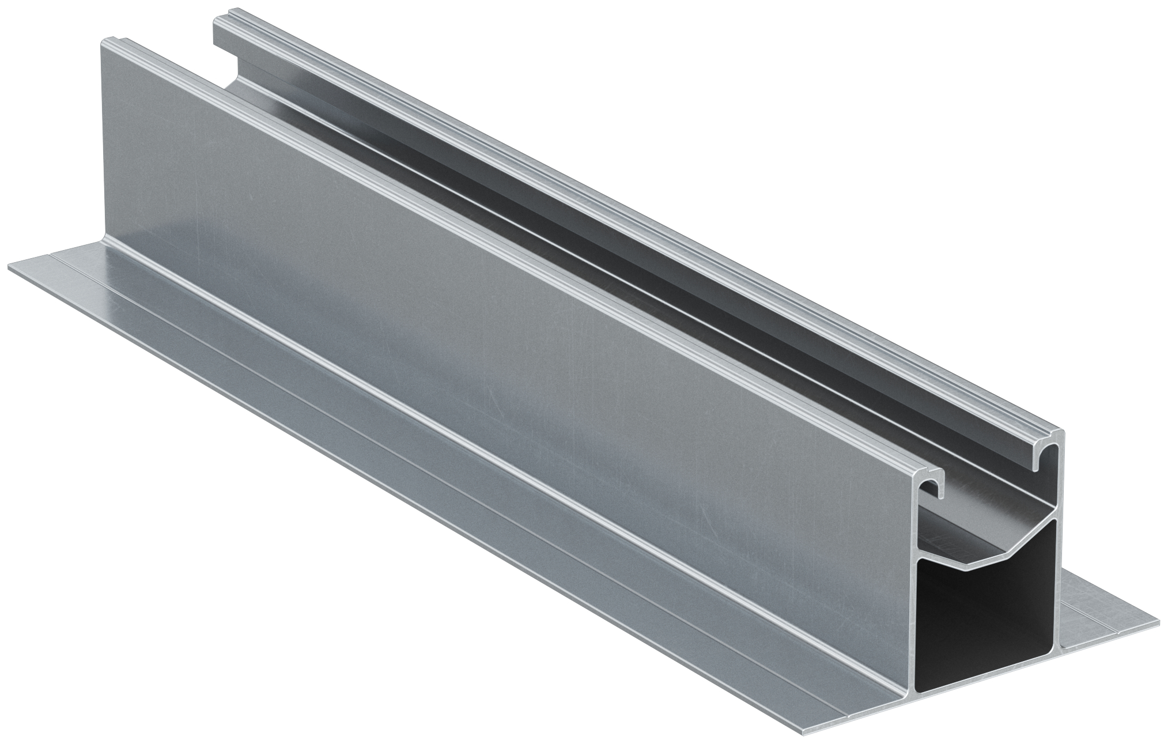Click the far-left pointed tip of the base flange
pyautogui.click(x=10, y=267)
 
